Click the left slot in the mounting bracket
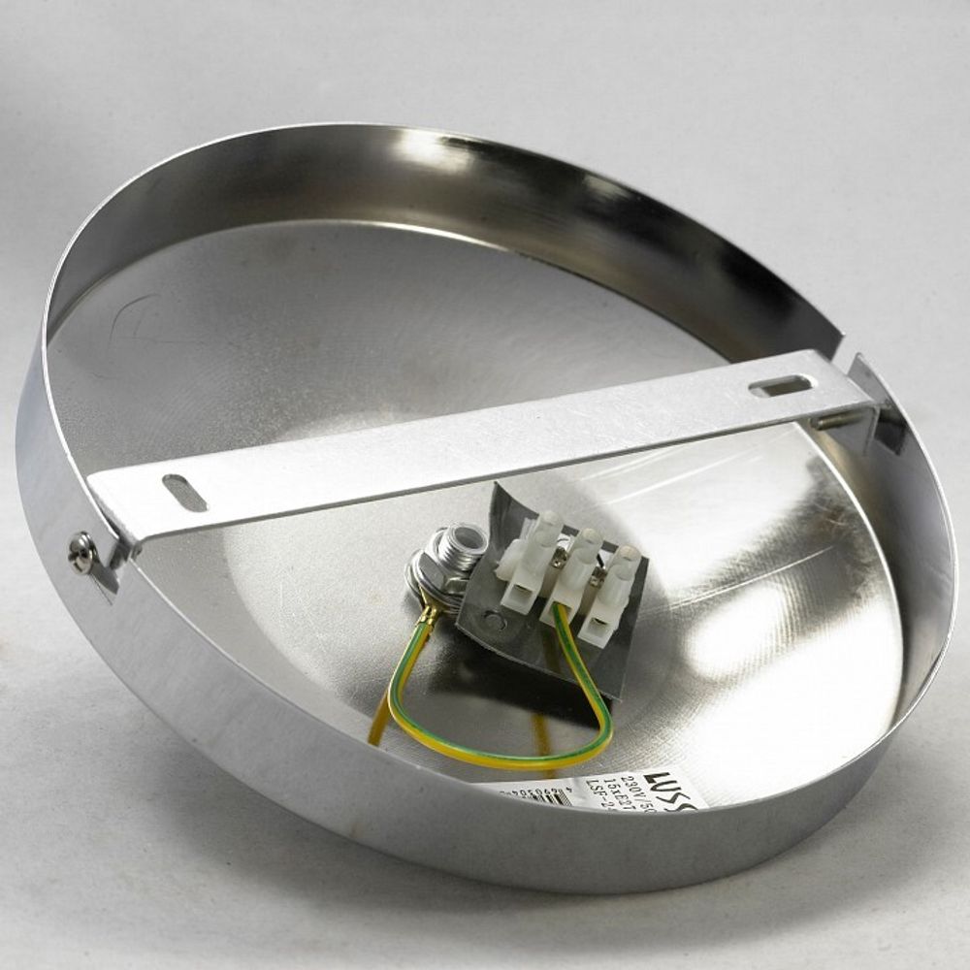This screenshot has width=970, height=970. tap(185, 493)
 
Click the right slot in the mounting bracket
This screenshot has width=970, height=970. tap(781, 386)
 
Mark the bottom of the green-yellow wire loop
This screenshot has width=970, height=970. tap(504, 757)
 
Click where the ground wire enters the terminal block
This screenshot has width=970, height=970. tap(560, 611)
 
